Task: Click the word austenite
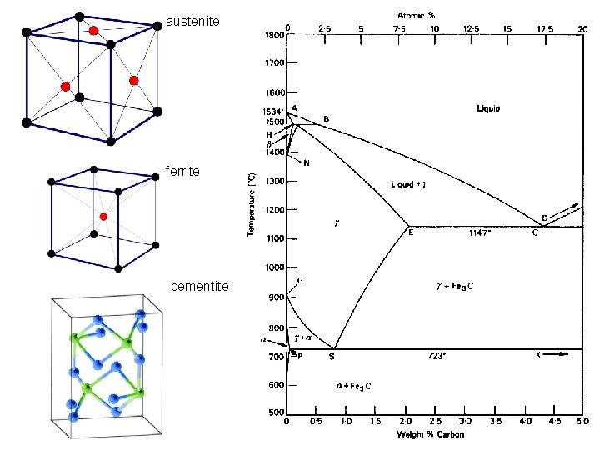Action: (x=192, y=20)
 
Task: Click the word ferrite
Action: (x=182, y=171)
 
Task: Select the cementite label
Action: (x=199, y=286)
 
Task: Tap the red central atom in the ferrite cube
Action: (x=103, y=217)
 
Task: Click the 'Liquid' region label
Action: (x=488, y=108)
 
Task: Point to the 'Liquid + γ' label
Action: (x=409, y=183)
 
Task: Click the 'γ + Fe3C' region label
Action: (x=455, y=286)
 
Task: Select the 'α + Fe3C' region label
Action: (x=353, y=386)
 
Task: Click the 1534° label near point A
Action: (x=274, y=112)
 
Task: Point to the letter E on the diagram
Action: (x=410, y=232)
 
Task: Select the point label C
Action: (x=535, y=233)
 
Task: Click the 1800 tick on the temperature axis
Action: (x=275, y=35)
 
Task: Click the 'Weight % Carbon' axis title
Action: (x=431, y=434)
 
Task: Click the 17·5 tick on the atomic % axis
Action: (x=546, y=27)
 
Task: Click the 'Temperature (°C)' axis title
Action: (x=252, y=203)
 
